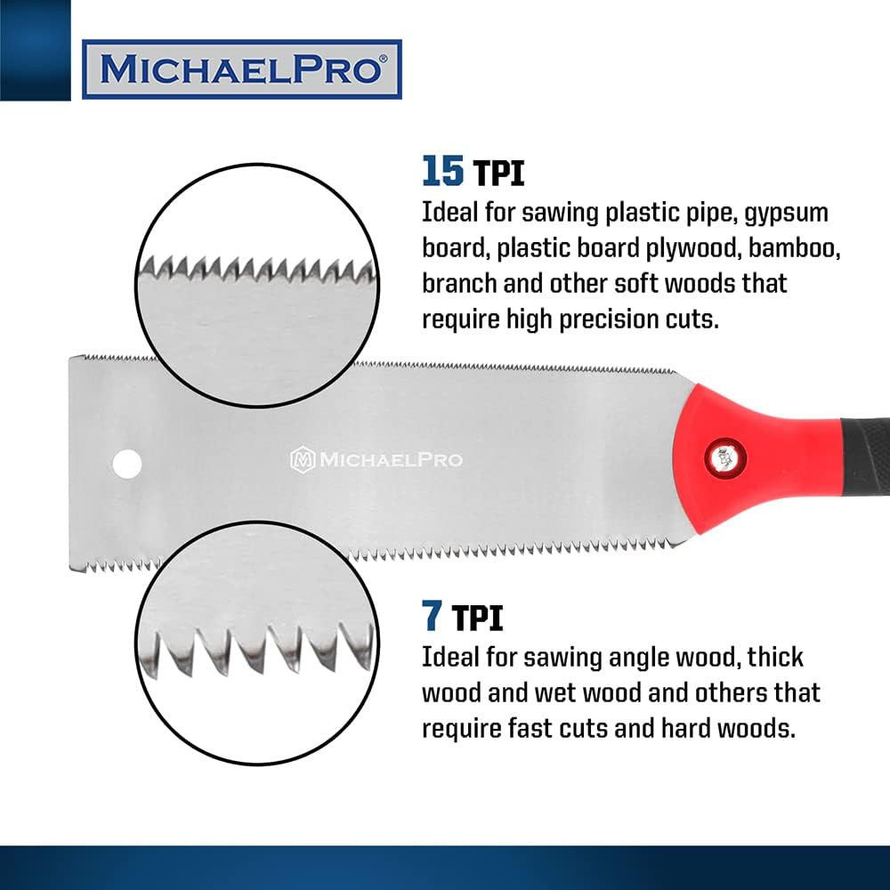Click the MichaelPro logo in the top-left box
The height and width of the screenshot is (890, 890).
[x=241, y=69]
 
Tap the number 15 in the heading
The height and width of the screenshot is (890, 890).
[x=442, y=170]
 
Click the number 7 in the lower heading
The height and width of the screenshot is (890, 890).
[x=432, y=614]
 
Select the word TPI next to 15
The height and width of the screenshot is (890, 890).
[x=498, y=173]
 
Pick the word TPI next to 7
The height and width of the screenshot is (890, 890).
[x=477, y=617]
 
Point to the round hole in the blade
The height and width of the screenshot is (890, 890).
[x=126, y=462]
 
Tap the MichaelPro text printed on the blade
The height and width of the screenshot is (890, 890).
[x=391, y=459]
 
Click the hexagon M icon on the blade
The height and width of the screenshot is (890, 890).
[x=303, y=459]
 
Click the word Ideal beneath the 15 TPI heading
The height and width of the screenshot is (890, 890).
[x=451, y=214]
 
